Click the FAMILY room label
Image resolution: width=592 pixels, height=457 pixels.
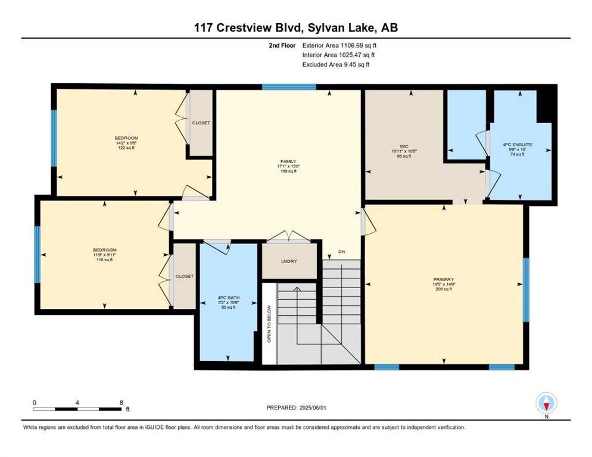click(x=288, y=160)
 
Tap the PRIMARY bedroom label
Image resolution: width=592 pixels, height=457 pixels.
click(x=444, y=278)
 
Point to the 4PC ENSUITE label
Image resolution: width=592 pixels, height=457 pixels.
click(x=516, y=144)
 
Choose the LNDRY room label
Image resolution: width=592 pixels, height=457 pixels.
click(x=289, y=261)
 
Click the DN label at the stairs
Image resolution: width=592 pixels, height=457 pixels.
click(x=341, y=252)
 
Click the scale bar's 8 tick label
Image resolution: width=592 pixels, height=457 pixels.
click(x=121, y=403)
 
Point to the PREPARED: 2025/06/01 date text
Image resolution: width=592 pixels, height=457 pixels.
click(x=297, y=408)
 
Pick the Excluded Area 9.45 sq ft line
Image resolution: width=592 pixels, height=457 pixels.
click(x=336, y=64)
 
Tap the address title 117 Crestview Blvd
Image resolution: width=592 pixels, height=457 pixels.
click(x=295, y=27)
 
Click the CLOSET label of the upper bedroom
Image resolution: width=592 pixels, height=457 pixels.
click(x=201, y=123)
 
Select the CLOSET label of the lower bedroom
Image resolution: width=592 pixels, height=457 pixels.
click(x=184, y=276)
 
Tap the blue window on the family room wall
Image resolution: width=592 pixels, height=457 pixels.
click(x=289, y=87)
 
